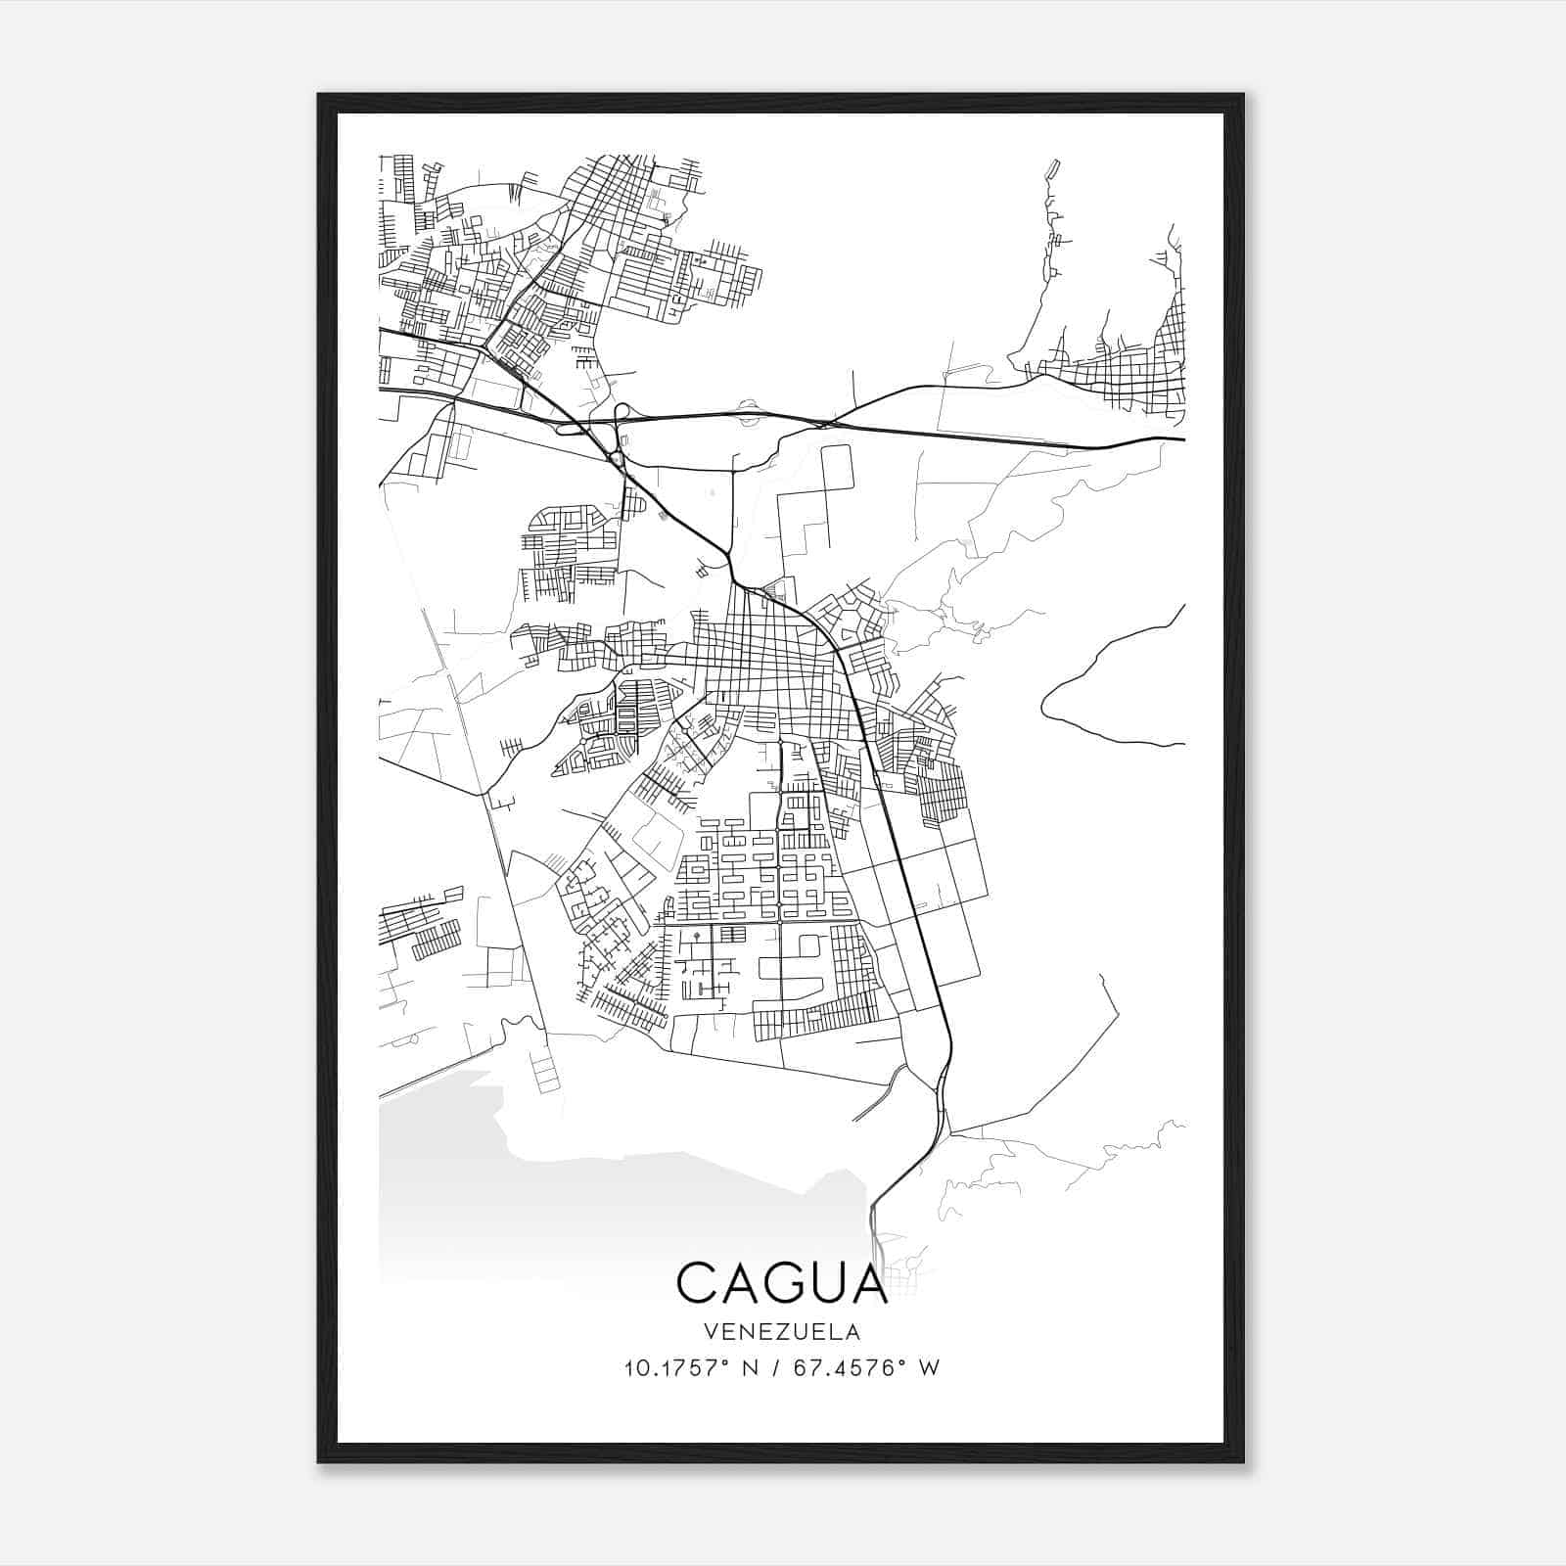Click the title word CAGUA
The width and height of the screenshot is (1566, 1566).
click(x=782, y=1282)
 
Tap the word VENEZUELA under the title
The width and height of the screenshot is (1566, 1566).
click(x=782, y=1332)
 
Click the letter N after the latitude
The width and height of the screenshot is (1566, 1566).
click(x=752, y=1368)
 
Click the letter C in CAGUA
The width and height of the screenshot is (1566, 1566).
click(x=697, y=1282)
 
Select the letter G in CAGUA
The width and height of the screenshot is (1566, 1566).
click(x=783, y=1282)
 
